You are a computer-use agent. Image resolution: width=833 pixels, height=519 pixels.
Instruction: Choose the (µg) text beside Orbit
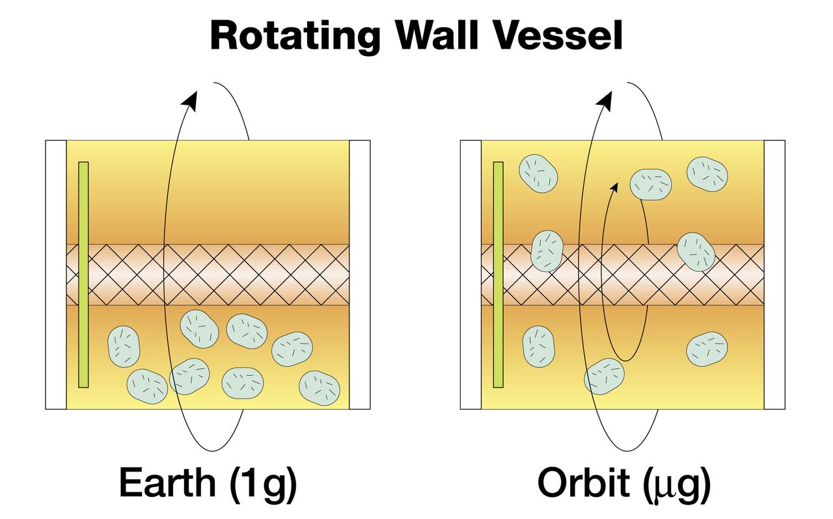[677, 484]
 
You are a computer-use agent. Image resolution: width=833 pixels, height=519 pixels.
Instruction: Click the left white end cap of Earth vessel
[56, 274]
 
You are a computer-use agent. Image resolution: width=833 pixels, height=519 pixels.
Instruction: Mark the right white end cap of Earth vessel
[360, 274]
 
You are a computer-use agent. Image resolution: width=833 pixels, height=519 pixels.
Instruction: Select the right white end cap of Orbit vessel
[774, 274]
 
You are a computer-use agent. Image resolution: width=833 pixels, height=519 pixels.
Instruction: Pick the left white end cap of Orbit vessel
[471, 274]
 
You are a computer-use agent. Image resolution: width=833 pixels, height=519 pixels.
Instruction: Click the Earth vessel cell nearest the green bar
[124, 346]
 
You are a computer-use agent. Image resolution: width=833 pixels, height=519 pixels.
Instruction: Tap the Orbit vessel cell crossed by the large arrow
[605, 376]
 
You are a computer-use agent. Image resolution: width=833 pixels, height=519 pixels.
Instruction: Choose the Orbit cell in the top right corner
[707, 174]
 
